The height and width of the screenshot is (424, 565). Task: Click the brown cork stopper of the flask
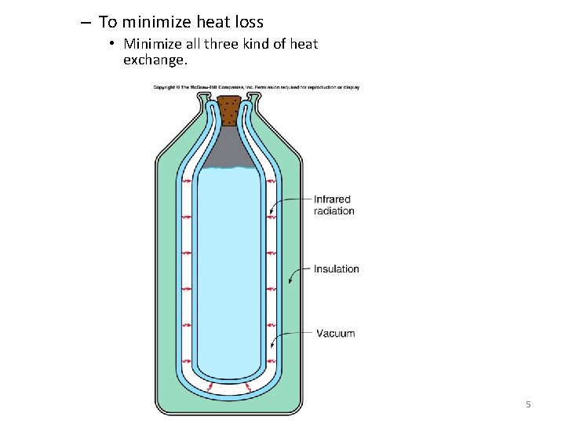pyautogui.click(x=229, y=110)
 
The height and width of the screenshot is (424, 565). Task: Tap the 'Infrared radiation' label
pyautogui.click(x=334, y=205)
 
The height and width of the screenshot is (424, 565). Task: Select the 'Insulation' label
pyautogui.click(x=336, y=269)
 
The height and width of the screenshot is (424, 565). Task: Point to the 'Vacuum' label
pyautogui.click(x=335, y=333)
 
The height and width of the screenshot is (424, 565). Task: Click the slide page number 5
pyautogui.click(x=528, y=404)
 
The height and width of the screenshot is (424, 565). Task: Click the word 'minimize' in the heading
pyautogui.click(x=158, y=22)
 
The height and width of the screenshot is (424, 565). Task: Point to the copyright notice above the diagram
pyautogui.click(x=256, y=86)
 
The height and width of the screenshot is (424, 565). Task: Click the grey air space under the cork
pyautogui.click(x=229, y=149)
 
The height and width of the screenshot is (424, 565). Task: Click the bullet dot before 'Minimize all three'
pyautogui.click(x=113, y=44)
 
